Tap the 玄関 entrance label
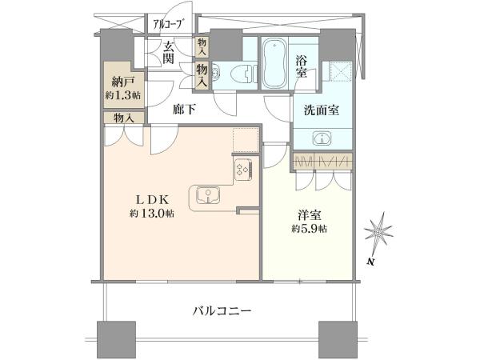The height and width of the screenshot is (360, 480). pyautogui.click(x=168, y=52)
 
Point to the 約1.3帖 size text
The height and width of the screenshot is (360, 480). pyautogui.click(x=123, y=95)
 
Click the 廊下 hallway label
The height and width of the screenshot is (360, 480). pyautogui.click(x=184, y=110)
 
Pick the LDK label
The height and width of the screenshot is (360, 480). pyautogui.click(x=152, y=200)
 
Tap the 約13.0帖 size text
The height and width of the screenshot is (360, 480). pyautogui.click(x=152, y=213)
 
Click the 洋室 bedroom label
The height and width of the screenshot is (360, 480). pyautogui.click(x=309, y=215)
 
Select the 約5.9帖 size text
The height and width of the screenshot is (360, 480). pyautogui.click(x=309, y=228)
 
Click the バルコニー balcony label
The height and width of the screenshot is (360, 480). pyautogui.click(x=222, y=311)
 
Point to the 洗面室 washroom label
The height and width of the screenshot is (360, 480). pyautogui.click(x=322, y=110)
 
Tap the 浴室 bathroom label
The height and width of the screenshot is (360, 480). pyautogui.click(x=302, y=66)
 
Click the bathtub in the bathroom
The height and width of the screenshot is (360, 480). pyautogui.click(x=274, y=63)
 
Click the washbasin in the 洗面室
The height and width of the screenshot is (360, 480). pyautogui.click(x=322, y=138)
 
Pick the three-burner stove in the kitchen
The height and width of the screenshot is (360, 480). pyautogui.click(x=243, y=170)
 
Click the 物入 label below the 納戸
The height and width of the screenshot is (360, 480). pyautogui.click(x=124, y=118)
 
